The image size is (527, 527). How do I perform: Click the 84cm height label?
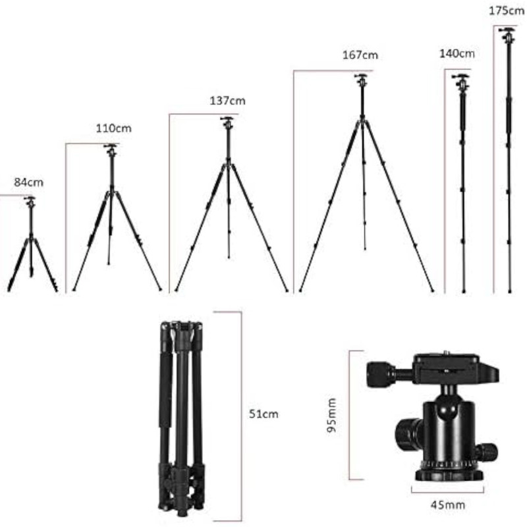point(28,182)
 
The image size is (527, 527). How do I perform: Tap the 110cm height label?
point(113,128)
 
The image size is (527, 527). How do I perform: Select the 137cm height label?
point(227,101)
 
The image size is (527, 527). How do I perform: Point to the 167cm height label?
point(360,55)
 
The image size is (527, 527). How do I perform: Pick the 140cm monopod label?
point(457,53)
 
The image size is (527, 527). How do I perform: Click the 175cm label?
point(507,11)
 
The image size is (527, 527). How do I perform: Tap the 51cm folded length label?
point(263,414)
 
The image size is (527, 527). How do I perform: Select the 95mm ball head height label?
point(331,416)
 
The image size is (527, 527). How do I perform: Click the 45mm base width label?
point(448,505)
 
